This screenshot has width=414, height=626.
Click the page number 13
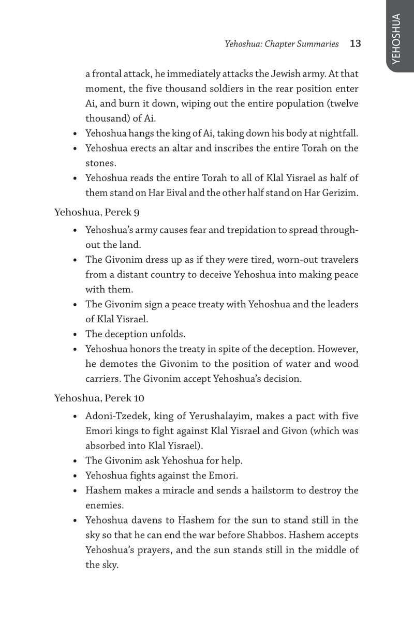(x=355, y=44)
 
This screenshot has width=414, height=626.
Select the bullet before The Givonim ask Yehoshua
(x=76, y=460)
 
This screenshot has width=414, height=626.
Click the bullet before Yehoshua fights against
(x=76, y=475)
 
